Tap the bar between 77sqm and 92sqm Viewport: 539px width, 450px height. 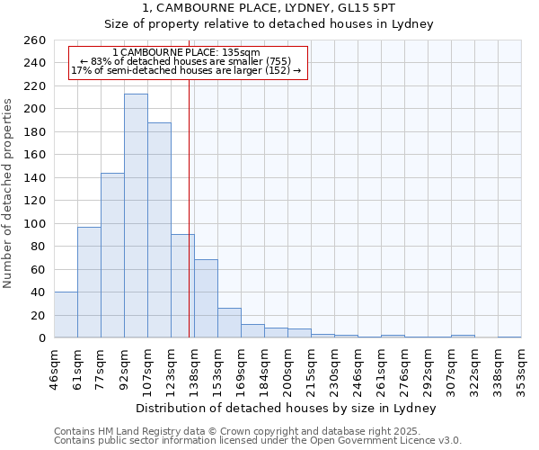coord(112,256)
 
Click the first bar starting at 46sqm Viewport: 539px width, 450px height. coord(66,315)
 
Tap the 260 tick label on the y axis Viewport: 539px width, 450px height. coord(35,40)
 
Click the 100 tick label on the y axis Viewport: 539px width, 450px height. coord(35,223)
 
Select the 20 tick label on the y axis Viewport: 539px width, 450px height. coord(39,315)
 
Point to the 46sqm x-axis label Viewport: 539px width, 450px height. coord(54,364)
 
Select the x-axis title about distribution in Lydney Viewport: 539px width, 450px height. coord(287,408)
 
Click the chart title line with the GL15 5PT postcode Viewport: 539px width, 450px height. coord(269,8)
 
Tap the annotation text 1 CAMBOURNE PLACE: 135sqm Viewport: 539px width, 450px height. coord(187,53)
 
